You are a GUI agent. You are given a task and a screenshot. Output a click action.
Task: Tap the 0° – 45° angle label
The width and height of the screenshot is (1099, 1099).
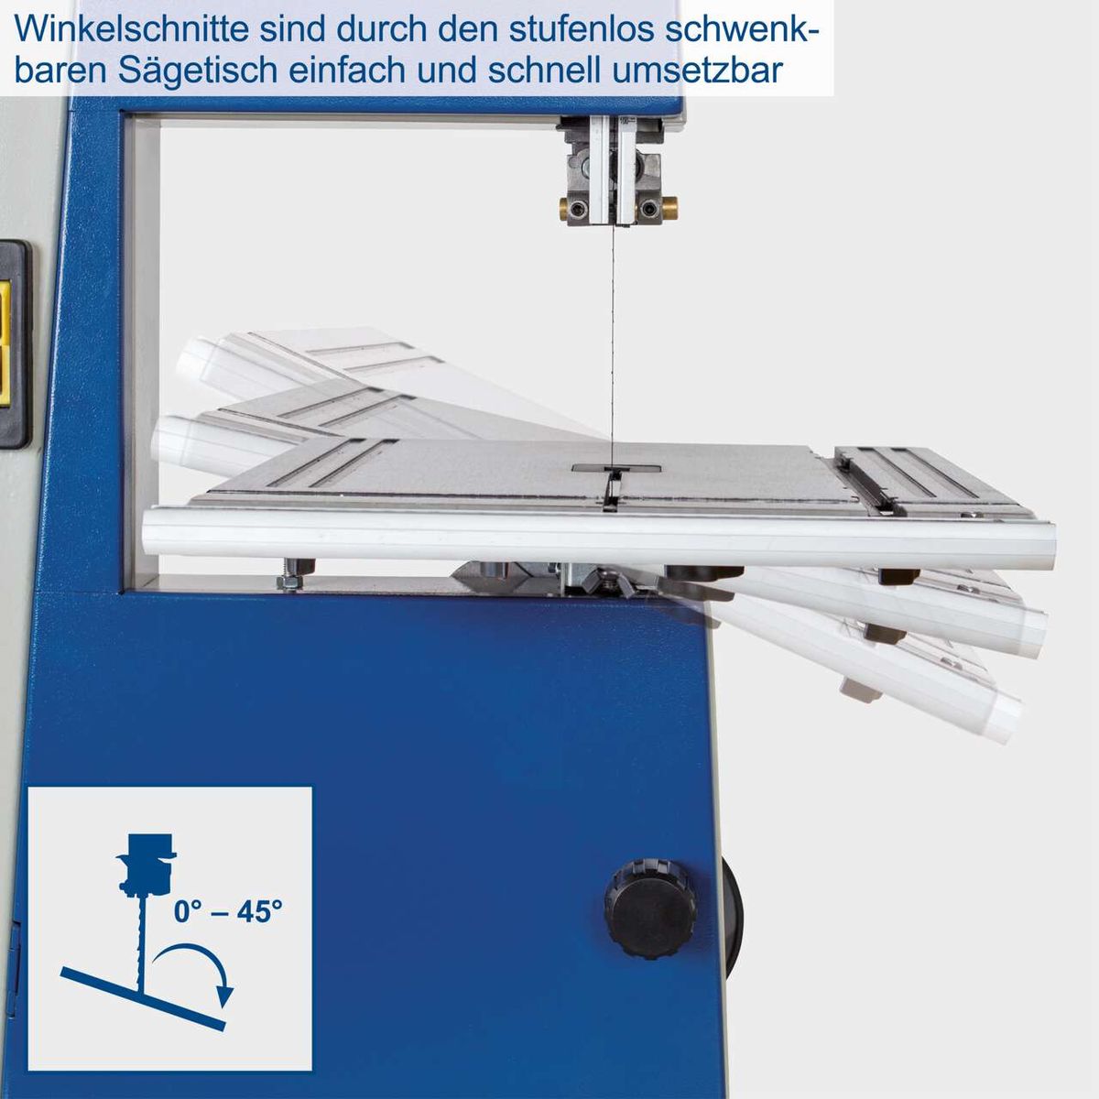(x=228, y=912)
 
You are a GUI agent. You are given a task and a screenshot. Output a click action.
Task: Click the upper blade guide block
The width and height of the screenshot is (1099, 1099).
(x=611, y=174)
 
